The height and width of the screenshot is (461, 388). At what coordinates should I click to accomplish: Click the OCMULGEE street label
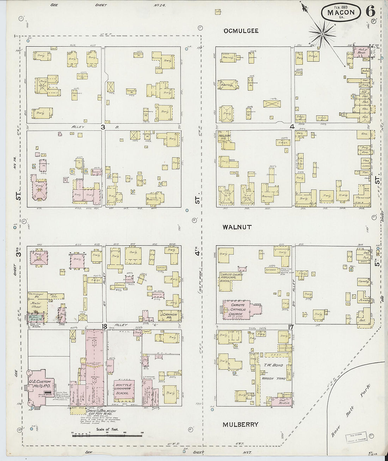pyautogui.click(x=241, y=31)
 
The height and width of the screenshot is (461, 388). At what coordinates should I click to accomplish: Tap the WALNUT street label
pyautogui.click(x=237, y=227)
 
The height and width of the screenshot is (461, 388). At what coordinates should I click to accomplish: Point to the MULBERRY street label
pyautogui.click(x=240, y=425)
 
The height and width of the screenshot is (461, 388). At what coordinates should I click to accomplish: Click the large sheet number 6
pyautogui.click(x=370, y=12)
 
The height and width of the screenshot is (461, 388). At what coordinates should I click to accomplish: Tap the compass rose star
pyautogui.click(x=322, y=34)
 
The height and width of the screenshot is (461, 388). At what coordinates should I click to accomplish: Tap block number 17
pyautogui.click(x=290, y=327)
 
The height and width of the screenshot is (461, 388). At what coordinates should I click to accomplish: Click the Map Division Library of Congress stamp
pyautogui.click(x=356, y=437)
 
